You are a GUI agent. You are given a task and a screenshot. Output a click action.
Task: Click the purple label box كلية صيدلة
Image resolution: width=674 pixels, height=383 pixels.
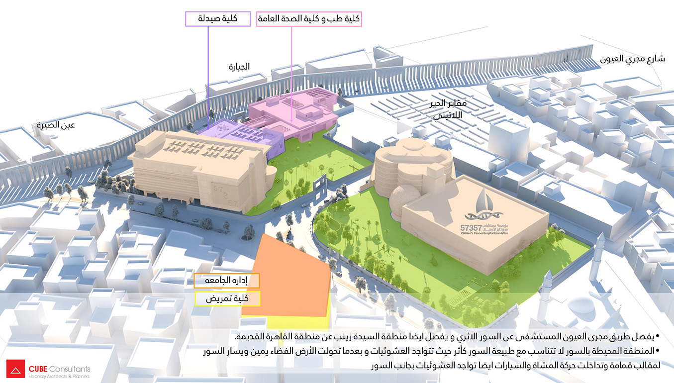pyautogui.click(x=218, y=19)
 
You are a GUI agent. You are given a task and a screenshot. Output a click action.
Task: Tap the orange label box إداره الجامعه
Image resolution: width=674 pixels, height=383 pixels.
pyautogui.click(x=227, y=281)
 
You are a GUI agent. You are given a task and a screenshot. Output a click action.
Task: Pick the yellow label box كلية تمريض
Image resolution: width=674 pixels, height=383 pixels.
pyautogui.click(x=227, y=298)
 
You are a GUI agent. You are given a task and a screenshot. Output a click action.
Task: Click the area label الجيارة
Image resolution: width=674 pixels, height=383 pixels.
pyautogui.click(x=239, y=67)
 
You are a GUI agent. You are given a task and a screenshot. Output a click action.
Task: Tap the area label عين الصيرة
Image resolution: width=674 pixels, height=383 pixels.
pyautogui.click(x=55, y=125)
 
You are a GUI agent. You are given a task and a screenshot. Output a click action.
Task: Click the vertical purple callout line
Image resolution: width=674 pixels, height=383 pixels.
pyautogui.click(x=207, y=75)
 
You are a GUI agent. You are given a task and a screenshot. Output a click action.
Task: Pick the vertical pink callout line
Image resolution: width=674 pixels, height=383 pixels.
pyautogui.click(x=292, y=75)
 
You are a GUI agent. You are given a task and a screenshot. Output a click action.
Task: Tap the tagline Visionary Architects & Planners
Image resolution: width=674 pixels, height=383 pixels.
pyautogui.click(x=59, y=377)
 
